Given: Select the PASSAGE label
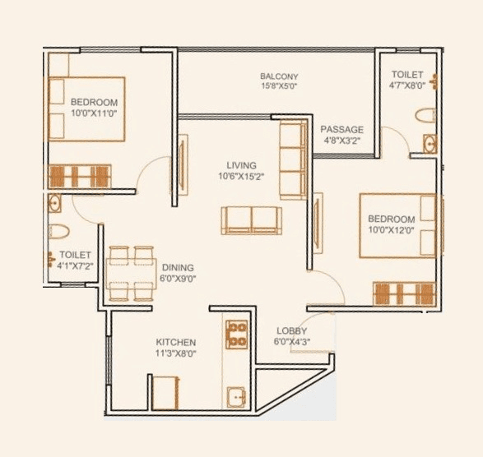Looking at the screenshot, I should (x=341, y=130).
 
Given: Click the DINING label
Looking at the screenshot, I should (x=178, y=268).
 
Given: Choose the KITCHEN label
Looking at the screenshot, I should (x=175, y=342).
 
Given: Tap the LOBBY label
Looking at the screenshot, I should (x=291, y=330).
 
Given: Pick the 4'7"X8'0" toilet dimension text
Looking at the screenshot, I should (x=407, y=85).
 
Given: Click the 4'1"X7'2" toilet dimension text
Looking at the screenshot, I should (x=74, y=265).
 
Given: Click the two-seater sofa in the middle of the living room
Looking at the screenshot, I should (x=251, y=220).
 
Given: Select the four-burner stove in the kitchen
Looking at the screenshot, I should (x=237, y=334).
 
